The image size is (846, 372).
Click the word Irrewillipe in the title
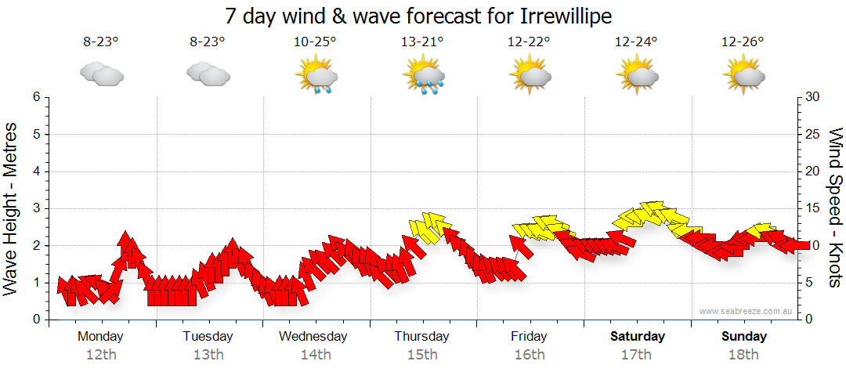coord(558,16)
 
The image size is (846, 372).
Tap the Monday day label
coord(100,337)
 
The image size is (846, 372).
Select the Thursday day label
coord(421,337)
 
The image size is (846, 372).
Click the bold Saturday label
coord(638,337)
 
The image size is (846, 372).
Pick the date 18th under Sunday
coord(743,354)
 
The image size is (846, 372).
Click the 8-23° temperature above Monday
coord(101,43)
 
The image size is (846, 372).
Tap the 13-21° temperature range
coord(422,43)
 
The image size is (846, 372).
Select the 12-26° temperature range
coord(743,43)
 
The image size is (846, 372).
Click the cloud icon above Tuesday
coord(208,74)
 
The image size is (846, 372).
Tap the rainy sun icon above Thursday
coord(424,77)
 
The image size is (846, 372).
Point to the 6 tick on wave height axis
coord(36,97)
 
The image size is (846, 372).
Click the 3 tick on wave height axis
coord(36,208)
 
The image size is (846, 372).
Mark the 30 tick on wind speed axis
coord(813,97)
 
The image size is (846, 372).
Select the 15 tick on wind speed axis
coord(813,208)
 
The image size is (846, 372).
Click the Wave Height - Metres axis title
coord(12,208)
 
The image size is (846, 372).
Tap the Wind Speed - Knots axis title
coord(835,208)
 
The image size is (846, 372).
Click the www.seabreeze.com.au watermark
coord(747,312)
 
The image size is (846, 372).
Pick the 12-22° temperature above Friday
coord(530,43)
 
